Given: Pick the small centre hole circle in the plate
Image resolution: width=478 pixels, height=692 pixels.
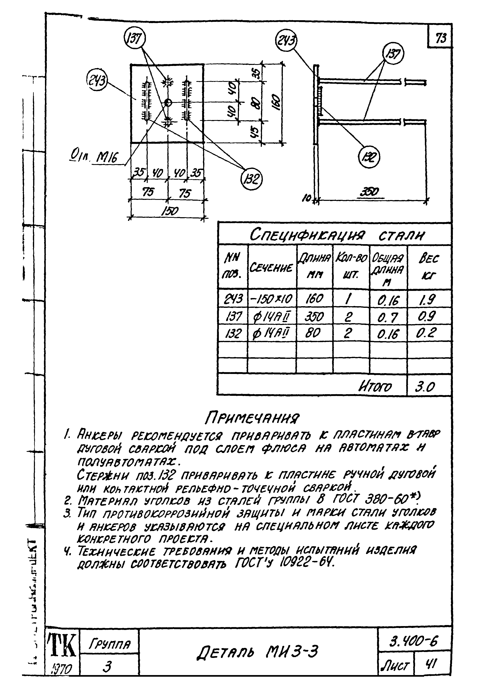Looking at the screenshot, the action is [x=168, y=103].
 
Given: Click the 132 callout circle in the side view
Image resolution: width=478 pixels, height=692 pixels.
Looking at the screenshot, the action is [x=369, y=157].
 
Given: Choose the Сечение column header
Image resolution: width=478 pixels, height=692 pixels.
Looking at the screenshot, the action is [x=271, y=267].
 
